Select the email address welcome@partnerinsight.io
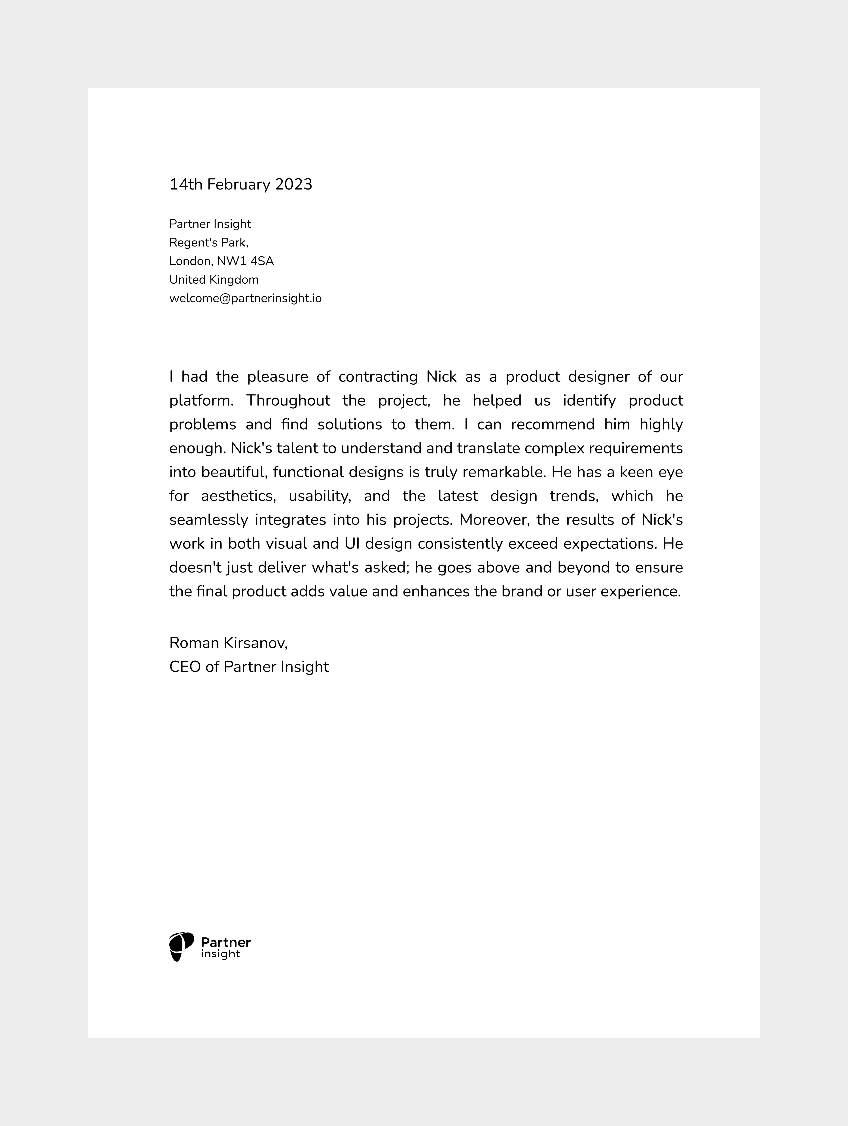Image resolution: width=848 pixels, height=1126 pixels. tap(245, 298)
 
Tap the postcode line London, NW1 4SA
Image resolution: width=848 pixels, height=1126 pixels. tap(221, 261)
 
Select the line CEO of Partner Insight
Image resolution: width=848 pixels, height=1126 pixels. tap(249, 667)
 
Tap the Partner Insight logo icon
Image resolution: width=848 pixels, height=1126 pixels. tap(181, 947)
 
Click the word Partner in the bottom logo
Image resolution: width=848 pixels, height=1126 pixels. tap(225, 942)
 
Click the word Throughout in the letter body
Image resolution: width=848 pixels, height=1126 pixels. tap(288, 401)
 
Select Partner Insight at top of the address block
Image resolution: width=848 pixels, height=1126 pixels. tap(210, 224)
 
